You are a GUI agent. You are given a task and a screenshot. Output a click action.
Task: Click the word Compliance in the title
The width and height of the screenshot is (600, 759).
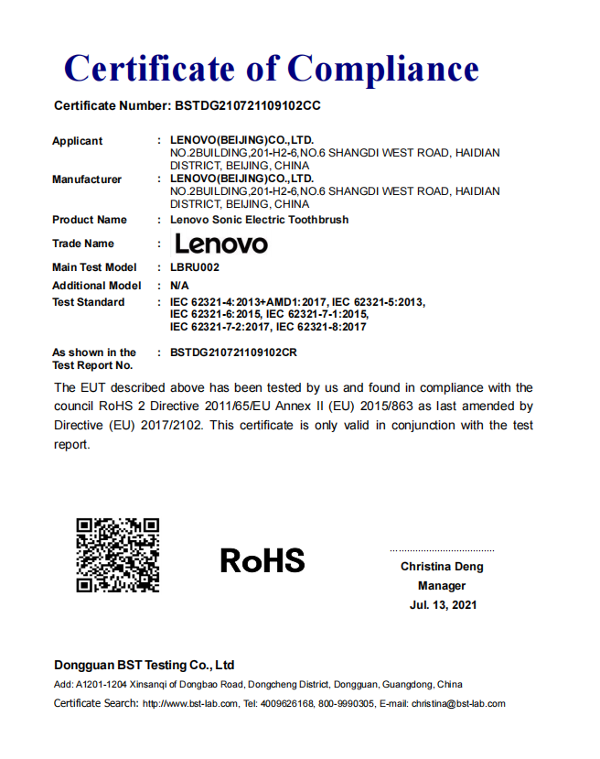point(383,69)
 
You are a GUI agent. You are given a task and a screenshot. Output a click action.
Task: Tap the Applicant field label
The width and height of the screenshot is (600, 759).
point(78,141)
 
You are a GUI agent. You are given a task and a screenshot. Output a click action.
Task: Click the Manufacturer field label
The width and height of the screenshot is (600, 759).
point(87,179)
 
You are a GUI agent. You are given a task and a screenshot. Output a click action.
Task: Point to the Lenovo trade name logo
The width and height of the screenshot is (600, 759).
point(221,244)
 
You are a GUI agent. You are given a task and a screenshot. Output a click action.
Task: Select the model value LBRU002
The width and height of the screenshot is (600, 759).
point(195,267)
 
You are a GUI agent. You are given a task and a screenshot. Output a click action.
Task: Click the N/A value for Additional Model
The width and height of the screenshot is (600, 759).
point(180,286)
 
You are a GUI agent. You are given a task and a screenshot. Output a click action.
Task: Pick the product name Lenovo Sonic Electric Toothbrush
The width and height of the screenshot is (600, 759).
point(259,220)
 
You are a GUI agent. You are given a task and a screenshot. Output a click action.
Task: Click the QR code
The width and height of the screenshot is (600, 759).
point(118,555)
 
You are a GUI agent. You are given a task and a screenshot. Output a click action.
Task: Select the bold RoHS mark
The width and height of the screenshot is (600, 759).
point(262,559)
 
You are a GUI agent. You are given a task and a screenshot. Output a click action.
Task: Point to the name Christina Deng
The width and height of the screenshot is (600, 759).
point(442,567)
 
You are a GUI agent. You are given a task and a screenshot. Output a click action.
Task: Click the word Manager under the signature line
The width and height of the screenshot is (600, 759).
point(442,586)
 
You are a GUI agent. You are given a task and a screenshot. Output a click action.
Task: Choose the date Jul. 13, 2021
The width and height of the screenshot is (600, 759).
point(443,605)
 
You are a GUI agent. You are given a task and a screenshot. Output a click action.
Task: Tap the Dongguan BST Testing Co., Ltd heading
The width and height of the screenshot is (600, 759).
point(145,666)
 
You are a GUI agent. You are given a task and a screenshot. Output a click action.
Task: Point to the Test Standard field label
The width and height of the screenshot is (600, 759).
point(89,302)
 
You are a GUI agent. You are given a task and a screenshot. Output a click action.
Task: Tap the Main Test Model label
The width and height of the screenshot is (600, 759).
point(94,267)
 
